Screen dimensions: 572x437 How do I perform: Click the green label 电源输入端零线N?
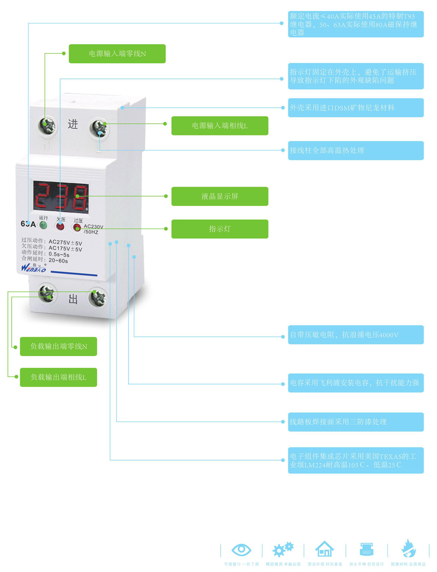117,54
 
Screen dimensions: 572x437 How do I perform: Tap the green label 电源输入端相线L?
219,125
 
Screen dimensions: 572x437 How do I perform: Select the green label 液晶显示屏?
219,196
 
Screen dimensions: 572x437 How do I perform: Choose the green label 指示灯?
219,229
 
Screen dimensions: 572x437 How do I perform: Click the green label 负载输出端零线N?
58,346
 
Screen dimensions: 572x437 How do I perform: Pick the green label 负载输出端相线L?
58,377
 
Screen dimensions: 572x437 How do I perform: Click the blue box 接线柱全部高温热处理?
355,150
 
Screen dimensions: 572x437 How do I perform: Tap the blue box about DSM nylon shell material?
355,107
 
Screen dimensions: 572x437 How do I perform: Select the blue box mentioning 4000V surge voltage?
355,334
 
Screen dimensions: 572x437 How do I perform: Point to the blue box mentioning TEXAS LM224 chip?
355,460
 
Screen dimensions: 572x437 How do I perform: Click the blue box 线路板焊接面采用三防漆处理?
355,422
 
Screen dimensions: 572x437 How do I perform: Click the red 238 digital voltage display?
61,197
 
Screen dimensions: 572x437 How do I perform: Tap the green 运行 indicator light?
43,225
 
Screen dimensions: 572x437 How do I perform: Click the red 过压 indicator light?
77,227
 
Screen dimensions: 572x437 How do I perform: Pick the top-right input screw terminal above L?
99,128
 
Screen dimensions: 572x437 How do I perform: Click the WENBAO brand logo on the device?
33,268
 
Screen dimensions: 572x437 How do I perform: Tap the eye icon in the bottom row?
241,549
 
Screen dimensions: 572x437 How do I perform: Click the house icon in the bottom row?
324,548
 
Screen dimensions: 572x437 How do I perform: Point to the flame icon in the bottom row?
408,548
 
